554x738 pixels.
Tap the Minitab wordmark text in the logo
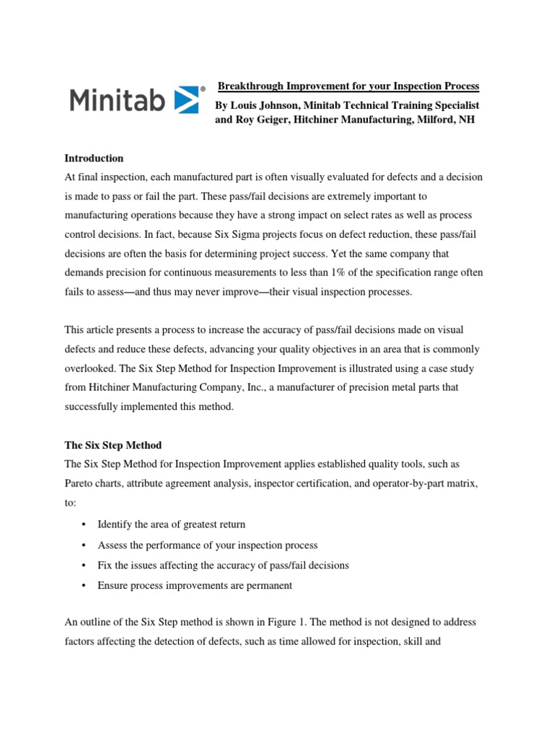tap(118, 99)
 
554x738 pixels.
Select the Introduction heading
tap(94, 158)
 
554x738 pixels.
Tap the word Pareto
tap(81, 484)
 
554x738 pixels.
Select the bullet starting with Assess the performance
tap(207, 545)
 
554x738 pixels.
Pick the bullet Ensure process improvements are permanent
tap(195, 585)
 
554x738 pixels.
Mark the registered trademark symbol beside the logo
tap(203, 89)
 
